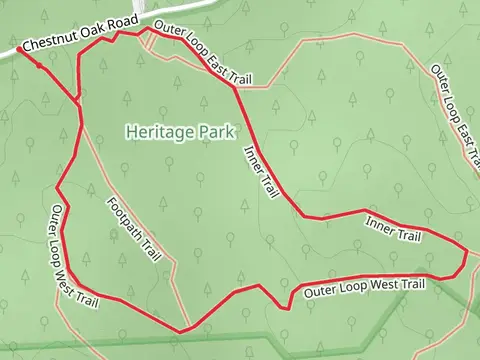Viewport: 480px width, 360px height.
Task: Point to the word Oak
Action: pos(94,38)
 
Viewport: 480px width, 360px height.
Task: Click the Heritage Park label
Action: pos(179,131)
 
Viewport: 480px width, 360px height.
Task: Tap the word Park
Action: pos(216,131)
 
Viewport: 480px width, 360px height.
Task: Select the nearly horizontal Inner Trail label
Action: pos(394,229)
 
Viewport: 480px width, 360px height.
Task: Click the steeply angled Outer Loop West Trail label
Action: pos(76,255)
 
